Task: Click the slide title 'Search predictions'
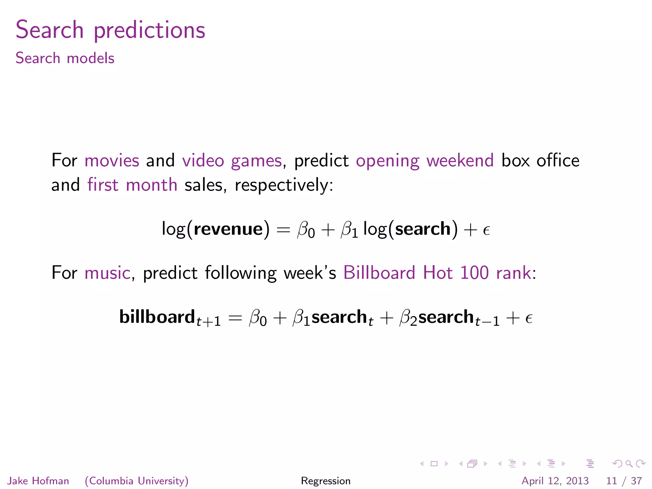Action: [x=110, y=30]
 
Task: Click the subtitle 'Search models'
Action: [x=65, y=58]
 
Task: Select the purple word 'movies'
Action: [x=112, y=160]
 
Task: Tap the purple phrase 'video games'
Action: [x=232, y=161]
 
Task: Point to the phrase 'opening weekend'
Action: [x=425, y=161]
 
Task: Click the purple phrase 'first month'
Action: [x=132, y=185]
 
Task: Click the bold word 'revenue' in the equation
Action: [x=228, y=229]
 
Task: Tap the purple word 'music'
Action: [x=107, y=273]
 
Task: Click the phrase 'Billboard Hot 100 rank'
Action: [x=437, y=273]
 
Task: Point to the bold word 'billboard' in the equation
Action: [x=157, y=317]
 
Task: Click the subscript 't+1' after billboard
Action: [x=209, y=322]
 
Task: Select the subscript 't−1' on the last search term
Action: [x=487, y=322]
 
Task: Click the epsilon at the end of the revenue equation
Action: [x=486, y=230]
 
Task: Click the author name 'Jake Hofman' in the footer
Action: [x=38, y=481]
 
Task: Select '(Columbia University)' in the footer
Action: [x=137, y=481]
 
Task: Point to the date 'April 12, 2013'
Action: [x=555, y=481]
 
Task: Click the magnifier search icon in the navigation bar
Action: [x=629, y=464]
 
